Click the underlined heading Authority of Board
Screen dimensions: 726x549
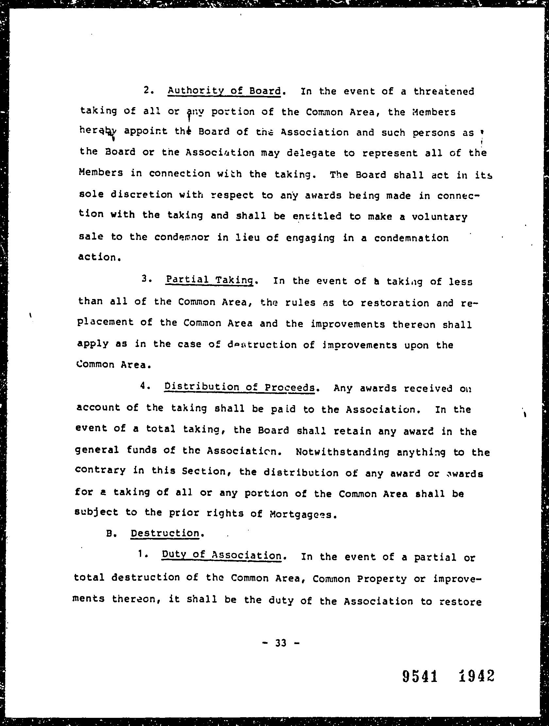coord(224,91)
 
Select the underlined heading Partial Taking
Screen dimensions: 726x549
coord(209,280)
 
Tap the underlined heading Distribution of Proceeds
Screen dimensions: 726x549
coord(240,387)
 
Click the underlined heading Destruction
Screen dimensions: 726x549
coord(165,533)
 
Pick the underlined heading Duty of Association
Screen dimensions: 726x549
coord(222,555)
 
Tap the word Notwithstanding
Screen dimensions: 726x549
coord(343,452)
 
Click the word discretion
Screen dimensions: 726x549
coord(141,195)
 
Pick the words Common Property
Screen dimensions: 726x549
coord(359,578)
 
